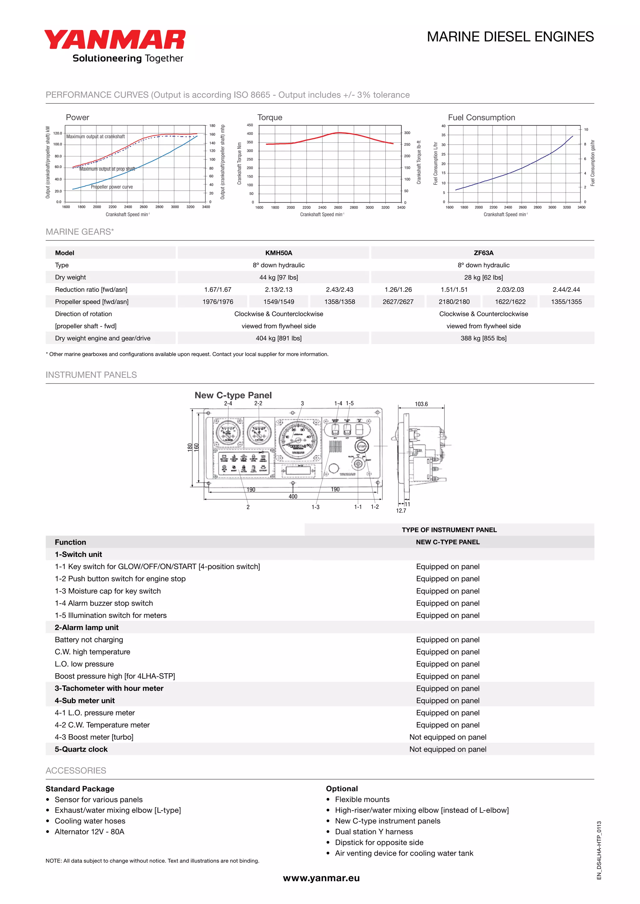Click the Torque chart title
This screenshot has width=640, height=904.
tap(270, 117)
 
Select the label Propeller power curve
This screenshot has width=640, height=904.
tap(112, 187)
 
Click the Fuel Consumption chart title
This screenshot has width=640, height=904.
tap(481, 117)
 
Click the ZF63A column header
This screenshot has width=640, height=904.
tap(483, 253)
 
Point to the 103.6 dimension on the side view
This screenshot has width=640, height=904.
tap(421, 404)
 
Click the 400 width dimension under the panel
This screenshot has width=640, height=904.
tap(293, 497)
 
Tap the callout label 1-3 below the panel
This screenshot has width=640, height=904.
tap(315, 507)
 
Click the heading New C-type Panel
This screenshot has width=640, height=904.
tap(233, 395)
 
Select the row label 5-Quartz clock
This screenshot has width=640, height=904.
tap(81, 749)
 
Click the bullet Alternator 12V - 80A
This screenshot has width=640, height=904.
tap(89, 832)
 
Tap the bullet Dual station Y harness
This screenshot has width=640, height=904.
tap(374, 832)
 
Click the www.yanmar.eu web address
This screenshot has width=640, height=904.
tap(321, 878)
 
